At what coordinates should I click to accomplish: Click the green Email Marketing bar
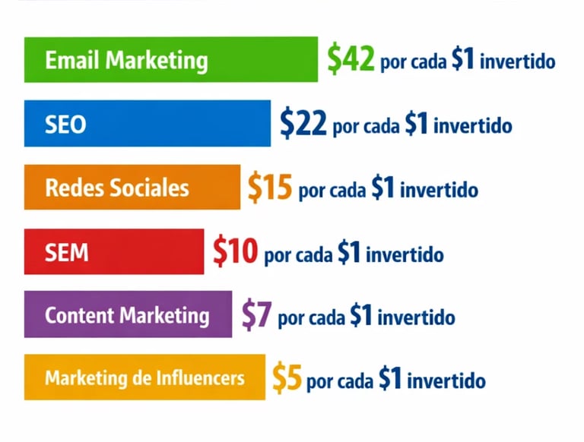pyautogui.click(x=171, y=59)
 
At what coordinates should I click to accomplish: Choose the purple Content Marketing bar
pyautogui.click(x=128, y=314)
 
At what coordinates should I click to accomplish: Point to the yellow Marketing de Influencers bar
pyautogui.click(x=144, y=377)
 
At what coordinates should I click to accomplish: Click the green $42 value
pyautogui.click(x=351, y=60)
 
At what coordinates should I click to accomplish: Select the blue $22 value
pyautogui.click(x=303, y=124)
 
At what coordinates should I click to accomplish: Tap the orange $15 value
pyautogui.click(x=270, y=188)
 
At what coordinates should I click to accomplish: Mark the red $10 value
pyautogui.click(x=236, y=251)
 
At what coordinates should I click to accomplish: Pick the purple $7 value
pyautogui.click(x=256, y=314)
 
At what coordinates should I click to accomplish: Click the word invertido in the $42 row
pyautogui.click(x=518, y=62)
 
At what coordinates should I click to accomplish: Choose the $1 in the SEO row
pyautogui.click(x=417, y=125)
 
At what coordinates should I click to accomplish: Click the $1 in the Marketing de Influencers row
pyautogui.click(x=389, y=378)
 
